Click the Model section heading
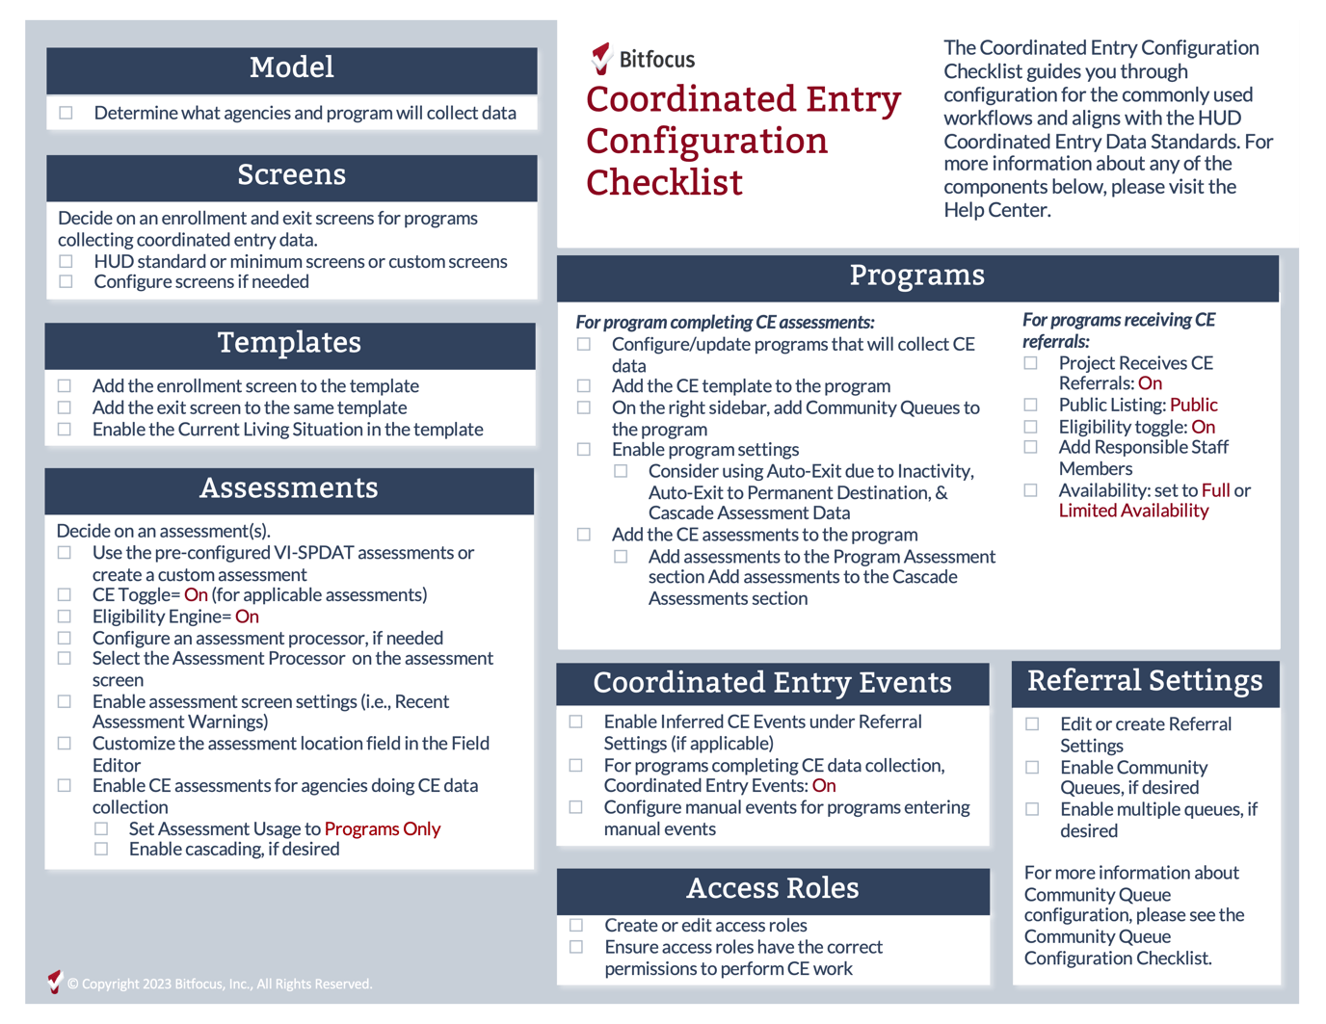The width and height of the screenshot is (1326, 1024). (x=291, y=67)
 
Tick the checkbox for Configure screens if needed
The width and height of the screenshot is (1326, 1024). (x=66, y=282)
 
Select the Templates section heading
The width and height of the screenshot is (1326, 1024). (x=289, y=343)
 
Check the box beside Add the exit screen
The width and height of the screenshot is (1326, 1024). (x=65, y=407)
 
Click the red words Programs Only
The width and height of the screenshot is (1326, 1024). (x=382, y=828)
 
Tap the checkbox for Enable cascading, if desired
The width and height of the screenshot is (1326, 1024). (x=101, y=849)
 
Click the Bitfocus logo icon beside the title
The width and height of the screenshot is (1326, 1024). (x=601, y=59)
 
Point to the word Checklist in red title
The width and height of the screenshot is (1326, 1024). (x=664, y=183)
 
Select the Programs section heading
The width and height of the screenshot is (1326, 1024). (x=916, y=276)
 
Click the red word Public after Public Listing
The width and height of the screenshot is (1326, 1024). (x=1193, y=405)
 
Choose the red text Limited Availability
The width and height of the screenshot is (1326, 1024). (x=1133, y=511)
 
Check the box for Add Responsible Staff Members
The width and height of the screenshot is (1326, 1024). (x=1031, y=447)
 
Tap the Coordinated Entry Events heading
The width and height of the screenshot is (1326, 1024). (x=772, y=683)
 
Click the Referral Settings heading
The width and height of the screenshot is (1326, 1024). (x=1145, y=681)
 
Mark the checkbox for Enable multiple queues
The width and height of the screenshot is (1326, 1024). (x=1032, y=809)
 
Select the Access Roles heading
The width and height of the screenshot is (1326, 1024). (x=772, y=888)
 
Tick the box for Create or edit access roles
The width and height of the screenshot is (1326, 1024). (x=576, y=925)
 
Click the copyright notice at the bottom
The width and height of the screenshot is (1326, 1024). (x=219, y=984)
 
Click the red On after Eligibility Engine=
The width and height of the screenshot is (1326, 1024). (x=247, y=617)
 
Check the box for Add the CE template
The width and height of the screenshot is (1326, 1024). (x=584, y=386)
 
